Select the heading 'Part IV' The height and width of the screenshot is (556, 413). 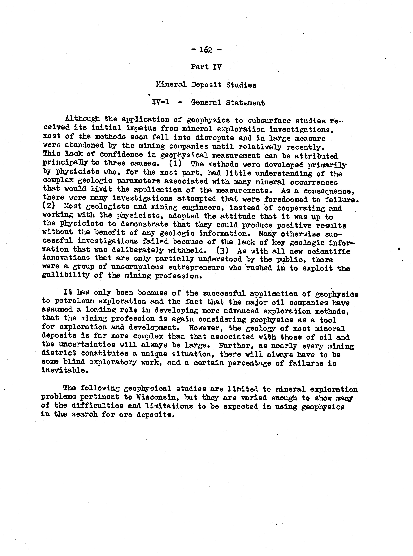[206, 67]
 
